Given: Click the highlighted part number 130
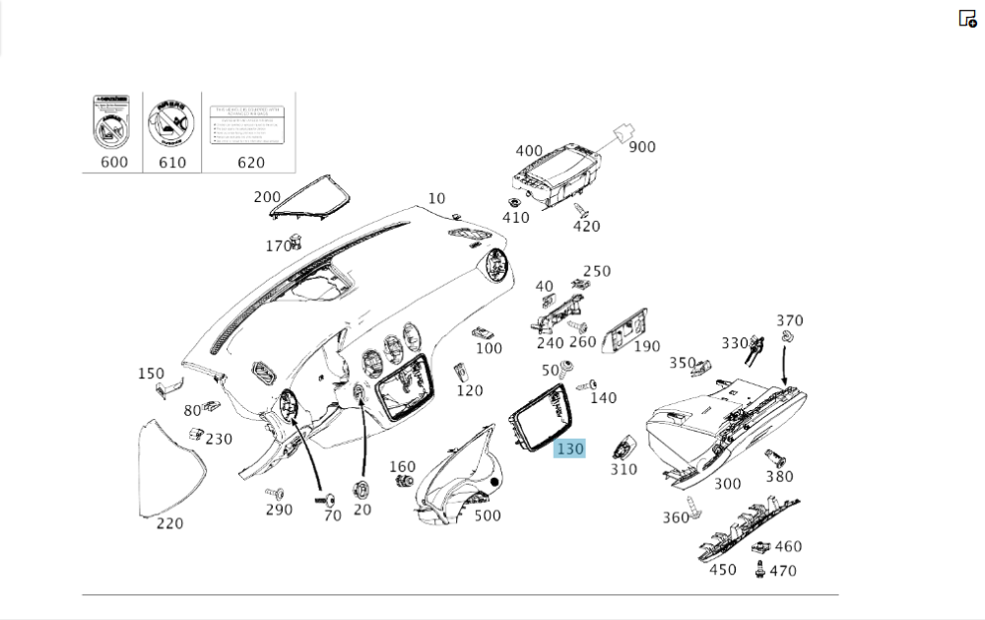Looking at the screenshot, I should click(x=570, y=448).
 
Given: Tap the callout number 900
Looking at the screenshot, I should click(x=642, y=147).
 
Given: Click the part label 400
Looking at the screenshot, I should click(x=529, y=151).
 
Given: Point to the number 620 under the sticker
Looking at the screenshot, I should click(x=251, y=162).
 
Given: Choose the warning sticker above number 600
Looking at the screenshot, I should click(x=112, y=122).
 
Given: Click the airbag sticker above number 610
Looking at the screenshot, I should click(x=171, y=122).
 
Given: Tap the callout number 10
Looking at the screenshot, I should click(x=436, y=199).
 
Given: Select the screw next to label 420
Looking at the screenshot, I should click(x=580, y=211).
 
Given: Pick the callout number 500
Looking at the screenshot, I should click(x=487, y=515).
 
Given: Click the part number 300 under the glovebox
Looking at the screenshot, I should click(x=727, y=483).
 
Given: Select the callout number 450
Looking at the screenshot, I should click(x=722, y=569).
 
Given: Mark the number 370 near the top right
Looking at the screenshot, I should click(x=789, y=320).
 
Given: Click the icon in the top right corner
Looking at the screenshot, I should click(x=967, y=18).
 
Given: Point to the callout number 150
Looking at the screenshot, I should click(x=151, y=374).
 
